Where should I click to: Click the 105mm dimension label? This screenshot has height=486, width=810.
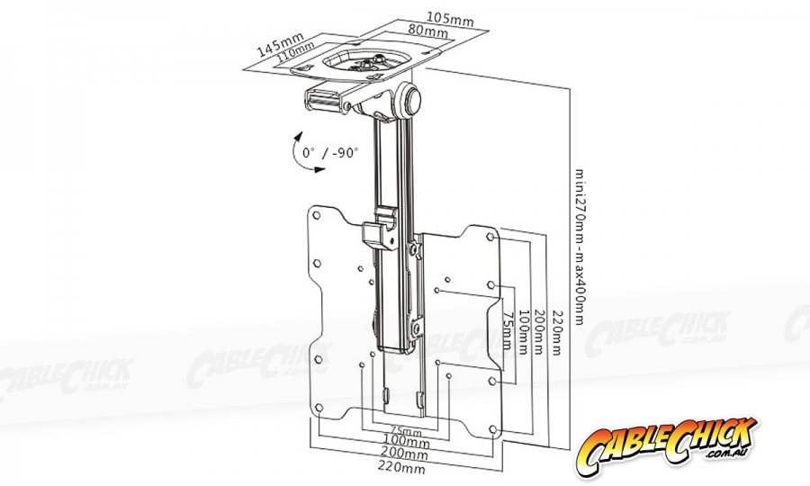(x=451, y=19)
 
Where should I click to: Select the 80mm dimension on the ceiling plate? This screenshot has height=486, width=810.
(x=427, y=30)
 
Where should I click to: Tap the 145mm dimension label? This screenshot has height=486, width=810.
(x=281, y=44)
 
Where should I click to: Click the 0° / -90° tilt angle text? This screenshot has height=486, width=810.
(x=330, y=152)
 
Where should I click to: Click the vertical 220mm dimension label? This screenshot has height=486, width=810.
(x=556, y=333)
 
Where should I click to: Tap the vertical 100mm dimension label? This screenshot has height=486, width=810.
(x=523, y=331)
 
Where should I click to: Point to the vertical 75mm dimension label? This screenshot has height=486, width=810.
(x=508, y=330)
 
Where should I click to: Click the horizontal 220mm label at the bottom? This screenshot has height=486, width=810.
(x=403, y=468)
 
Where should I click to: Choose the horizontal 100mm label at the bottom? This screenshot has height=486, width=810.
(x=407, y=442)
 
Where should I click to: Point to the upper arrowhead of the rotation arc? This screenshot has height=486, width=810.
(x=298, y=137)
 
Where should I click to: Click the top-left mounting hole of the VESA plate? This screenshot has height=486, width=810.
(x=317, y=215)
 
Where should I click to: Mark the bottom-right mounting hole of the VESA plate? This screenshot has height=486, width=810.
(x=492, y=429)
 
